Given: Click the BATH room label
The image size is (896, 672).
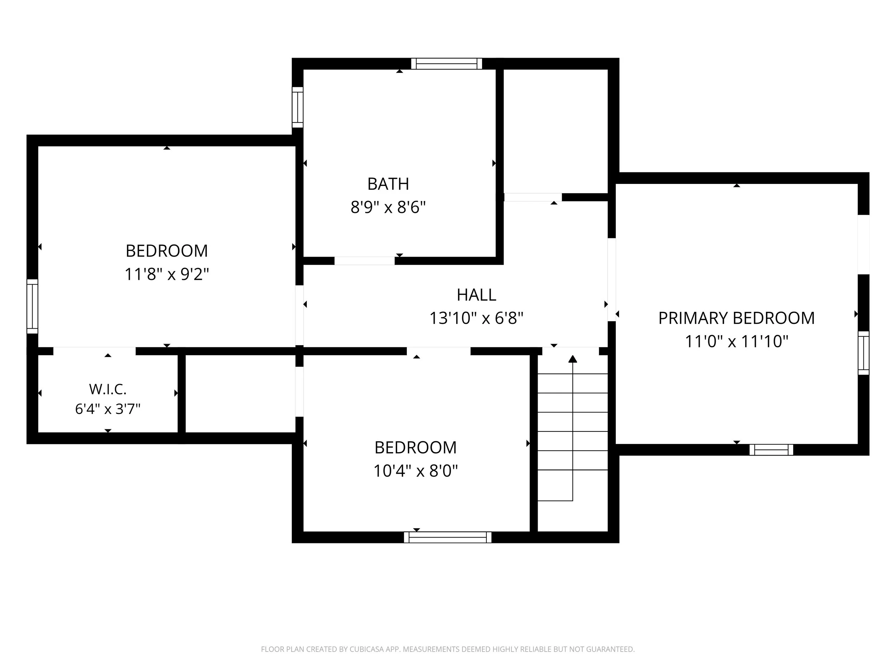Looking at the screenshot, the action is [x=388, y=184].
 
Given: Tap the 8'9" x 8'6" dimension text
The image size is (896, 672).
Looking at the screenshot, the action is [x=388, y=208].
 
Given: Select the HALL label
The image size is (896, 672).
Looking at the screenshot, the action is [x=476, y=295].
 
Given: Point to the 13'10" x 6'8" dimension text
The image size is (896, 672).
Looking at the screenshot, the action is [x=476, y=318].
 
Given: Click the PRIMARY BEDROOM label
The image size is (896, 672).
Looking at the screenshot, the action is [x=737, y=318].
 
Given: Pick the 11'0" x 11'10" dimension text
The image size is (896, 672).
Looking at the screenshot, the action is [x=737, y=342].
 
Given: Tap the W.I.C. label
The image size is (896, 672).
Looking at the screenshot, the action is [x=108, y=389].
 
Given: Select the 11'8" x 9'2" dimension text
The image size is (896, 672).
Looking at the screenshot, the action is [x=167, y=274].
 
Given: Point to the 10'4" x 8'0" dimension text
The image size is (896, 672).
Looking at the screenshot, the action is [x=416, y=471].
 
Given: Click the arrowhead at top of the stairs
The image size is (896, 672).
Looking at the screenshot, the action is [x=572, y=359].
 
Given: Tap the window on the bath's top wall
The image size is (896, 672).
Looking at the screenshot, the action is [x=446, y=63].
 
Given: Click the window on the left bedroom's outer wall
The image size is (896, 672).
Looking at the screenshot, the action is [x=32, y=306].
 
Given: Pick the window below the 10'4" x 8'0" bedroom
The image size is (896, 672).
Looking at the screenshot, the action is [x=448, y=537].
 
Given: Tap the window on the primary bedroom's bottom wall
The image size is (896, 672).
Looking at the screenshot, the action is [x=771, y=450].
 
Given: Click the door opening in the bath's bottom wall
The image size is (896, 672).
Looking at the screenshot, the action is [x=364, y=261].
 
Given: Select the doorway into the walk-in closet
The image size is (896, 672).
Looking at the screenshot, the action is [x=94, y=351].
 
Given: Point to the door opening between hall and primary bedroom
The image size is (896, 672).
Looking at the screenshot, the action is [x=612, y=280].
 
